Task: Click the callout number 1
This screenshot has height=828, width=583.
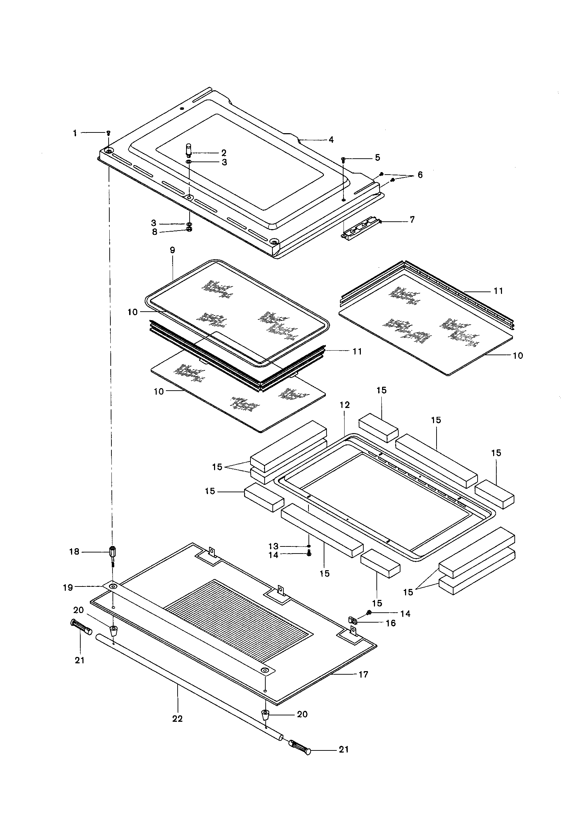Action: coord(75,134)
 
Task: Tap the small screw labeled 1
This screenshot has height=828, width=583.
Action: coord(109,133)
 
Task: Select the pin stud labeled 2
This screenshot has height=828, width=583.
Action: coord(189,149)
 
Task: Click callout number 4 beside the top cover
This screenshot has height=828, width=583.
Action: coord(331,140)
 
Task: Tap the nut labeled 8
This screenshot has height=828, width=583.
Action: coord(190,230)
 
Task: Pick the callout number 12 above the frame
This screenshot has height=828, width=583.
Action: coord(345,405)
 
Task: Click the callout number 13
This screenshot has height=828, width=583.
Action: coord(273,546)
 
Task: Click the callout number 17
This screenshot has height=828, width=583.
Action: coord(364,674)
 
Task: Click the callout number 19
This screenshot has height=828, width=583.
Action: coord(68,588)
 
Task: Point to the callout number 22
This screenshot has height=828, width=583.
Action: coord(177,718)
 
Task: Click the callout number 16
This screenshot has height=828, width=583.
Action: coord(391,623)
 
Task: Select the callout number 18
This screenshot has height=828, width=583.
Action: coord(74,552)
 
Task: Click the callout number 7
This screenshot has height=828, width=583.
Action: coord(412,220)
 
